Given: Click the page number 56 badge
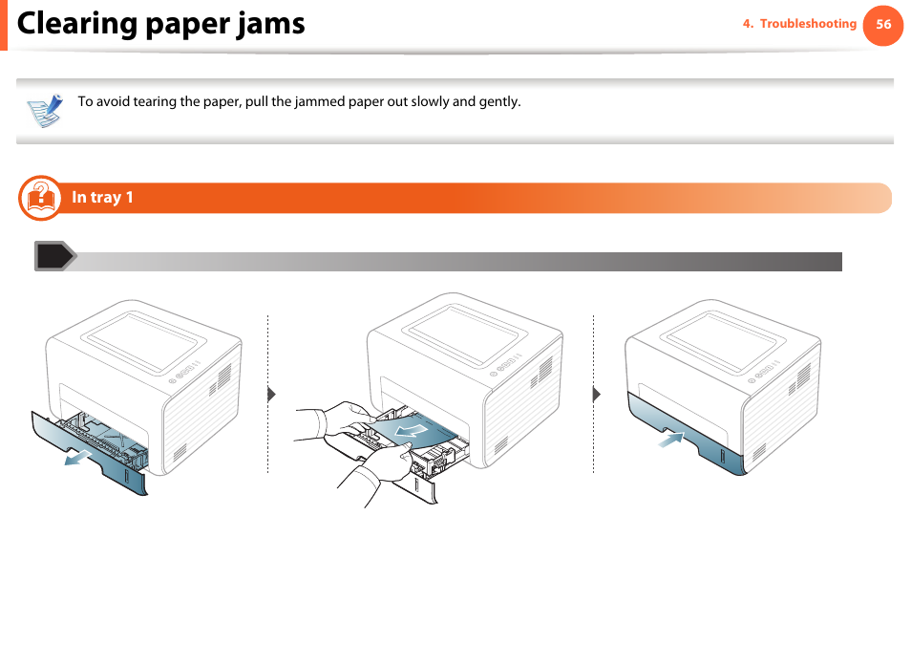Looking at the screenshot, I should click(x=882, y=25).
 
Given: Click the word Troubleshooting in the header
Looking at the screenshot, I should click(x=808, y=24).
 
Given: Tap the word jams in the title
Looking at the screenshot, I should click(x=272, y=24).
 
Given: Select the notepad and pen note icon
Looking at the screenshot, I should click(x=44, y=110).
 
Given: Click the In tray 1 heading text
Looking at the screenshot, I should click(x=102, y=198).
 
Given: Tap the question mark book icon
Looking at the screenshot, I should click(x=39, y=197).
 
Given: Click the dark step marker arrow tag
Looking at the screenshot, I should click(x=54, y=256).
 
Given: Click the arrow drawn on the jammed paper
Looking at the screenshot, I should click(x=412, y=435).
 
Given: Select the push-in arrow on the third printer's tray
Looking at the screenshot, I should click(x=671, y=440).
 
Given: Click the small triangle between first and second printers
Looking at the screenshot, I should click(x=270, y=394).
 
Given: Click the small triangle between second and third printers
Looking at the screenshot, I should click(x=596, y=394).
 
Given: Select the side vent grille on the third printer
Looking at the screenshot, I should click(x=795, y=381).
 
